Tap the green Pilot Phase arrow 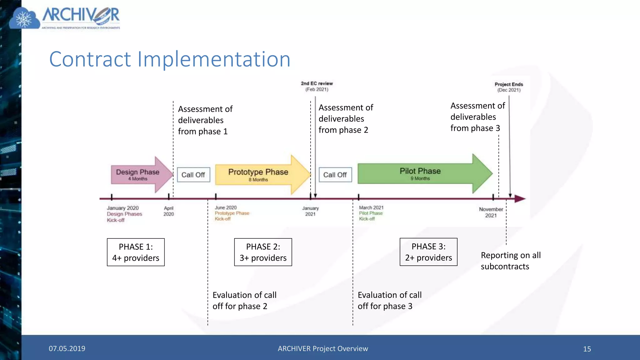coord(420,174)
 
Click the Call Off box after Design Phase coord(193,175)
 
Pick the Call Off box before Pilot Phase coord(335,175)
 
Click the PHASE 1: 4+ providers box coord(136,252)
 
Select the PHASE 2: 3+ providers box coord(263,252)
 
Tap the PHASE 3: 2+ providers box coord(428,252)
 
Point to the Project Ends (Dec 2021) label coord(509,87)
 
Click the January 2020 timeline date coord(122,208)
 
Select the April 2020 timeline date coord(168,211)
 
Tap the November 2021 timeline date coord(491,212)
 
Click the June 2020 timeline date coord(226,208)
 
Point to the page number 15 coord(587,349)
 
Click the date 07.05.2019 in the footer coord(67,349)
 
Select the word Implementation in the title coord(214,59)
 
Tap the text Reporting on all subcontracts coord(511,261)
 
